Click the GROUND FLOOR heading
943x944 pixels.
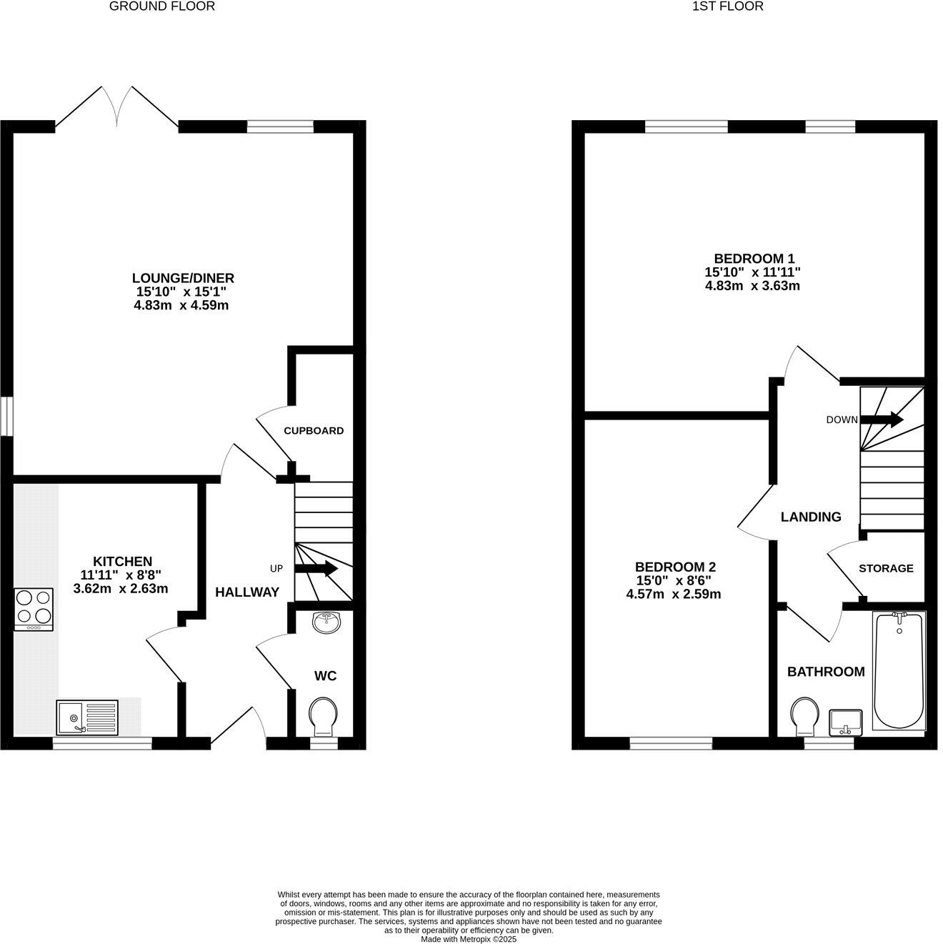click(162, 6)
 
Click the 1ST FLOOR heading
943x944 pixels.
click(728, 6)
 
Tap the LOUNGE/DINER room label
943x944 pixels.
click(183, 278)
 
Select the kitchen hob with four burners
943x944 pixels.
click(34, 609)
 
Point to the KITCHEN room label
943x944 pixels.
click(122, 561)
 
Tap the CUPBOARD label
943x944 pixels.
click(314, 431)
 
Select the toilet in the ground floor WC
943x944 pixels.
click(323, 716)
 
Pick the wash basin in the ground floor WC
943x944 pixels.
click(327, 622)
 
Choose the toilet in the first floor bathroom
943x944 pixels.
click(804, 716)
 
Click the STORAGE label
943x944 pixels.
click(886, 568)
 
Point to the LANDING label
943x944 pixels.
click(811, 517)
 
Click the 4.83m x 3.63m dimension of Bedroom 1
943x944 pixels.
click(752, 286)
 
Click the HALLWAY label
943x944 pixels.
click(247, 592)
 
